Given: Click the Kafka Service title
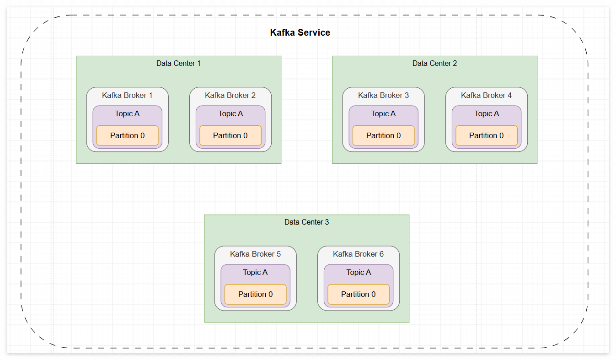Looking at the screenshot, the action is coord(300,32).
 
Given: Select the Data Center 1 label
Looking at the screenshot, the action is coord(178,63).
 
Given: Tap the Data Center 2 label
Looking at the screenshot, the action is coord(434,63).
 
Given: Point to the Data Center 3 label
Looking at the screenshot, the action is coord(306,222).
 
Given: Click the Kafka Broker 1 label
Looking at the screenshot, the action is coord(127,95).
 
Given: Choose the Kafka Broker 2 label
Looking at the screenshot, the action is coord(230,95).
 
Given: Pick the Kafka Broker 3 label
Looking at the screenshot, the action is coord(383,95).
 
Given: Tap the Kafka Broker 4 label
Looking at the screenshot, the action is coord(486,95).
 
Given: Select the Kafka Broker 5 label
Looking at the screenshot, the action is coord(255,254).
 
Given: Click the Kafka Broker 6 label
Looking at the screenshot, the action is coord(358,254).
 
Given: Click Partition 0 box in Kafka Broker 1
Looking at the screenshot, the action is coord(127,135).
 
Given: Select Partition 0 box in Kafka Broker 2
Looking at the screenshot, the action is coord(230,135).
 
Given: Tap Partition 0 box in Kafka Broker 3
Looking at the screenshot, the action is coord(383,135).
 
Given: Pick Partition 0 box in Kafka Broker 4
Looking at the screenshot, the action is coord(487,135).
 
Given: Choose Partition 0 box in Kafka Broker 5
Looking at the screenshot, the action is coord(256,294).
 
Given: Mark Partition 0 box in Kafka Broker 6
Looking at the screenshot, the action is coord(359,294).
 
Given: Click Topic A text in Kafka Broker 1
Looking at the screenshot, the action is coord(127,113).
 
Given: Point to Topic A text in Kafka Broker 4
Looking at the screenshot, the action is coord(487,113).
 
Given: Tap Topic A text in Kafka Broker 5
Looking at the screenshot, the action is coord(255,272).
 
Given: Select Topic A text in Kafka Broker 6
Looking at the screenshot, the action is coord(359,272).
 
